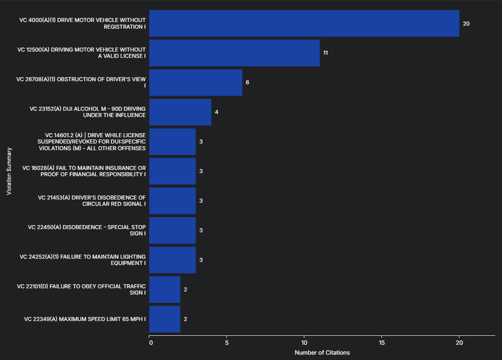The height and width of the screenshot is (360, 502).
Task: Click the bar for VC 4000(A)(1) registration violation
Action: click(304, 23)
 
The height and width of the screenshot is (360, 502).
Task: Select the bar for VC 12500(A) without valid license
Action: click(234, 53)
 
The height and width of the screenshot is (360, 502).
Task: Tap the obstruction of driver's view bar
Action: click(195, 82)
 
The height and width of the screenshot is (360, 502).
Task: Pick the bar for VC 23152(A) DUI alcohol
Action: click(180, 112)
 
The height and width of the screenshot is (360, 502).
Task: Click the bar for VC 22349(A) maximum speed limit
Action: click(164, 319)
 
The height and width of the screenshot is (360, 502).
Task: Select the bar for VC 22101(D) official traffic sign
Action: click(164, 290)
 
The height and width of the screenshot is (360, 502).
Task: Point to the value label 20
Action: click(466, 23)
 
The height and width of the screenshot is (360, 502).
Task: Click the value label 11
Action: click(326, 53)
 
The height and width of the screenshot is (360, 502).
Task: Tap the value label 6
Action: click(247, 82)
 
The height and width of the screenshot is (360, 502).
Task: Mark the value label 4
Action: click(216, 112)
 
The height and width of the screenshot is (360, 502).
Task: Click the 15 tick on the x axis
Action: click(381, 343)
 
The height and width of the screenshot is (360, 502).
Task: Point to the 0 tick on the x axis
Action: click(151, 343)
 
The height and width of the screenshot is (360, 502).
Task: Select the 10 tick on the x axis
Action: click(304, 343)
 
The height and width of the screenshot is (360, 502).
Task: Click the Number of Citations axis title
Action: click(322, 353)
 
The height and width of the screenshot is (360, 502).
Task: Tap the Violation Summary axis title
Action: click(9, 171)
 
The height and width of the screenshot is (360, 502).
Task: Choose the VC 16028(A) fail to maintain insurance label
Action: click(84, 171)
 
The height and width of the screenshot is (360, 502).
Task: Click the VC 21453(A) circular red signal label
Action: click(92, 201)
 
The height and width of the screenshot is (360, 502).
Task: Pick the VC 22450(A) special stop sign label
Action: click(87, 230)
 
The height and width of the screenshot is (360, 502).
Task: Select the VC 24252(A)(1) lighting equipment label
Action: click(83, 260)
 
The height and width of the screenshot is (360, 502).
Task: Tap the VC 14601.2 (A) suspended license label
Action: click(91, 142)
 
